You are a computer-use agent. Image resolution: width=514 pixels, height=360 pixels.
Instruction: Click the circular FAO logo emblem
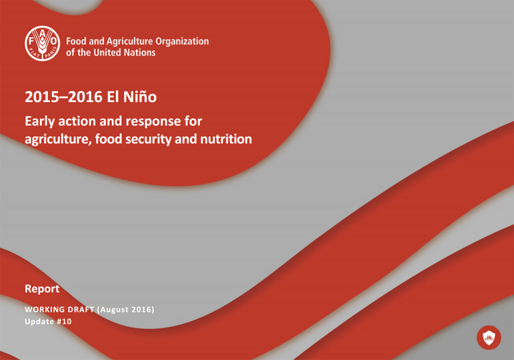pyautogui.click(x=42, y=44)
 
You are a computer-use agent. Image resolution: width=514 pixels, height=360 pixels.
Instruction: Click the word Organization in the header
pyautogui.click(x=182, y=41)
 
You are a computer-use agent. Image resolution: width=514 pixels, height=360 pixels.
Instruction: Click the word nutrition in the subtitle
pyautogui.click(x=226, y=139)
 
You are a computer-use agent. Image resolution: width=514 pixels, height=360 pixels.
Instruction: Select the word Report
pyautogui.click(x=42, y=289)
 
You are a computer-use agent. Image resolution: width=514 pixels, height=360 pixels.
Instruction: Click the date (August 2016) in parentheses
pyautogui.click(x=126, y=309)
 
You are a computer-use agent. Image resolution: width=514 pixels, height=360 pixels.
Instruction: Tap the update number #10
pyautogui.click(x=64, y=322)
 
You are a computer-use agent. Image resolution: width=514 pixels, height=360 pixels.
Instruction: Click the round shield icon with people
pyautogui.click(x=489, y=337)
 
